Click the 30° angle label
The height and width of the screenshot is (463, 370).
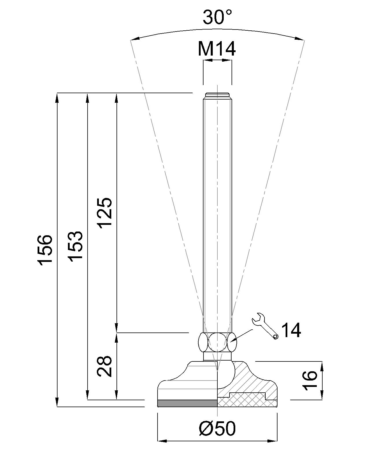(217, 17)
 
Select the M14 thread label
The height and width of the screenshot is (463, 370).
(217, 49)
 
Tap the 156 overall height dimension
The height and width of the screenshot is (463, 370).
(45, 249)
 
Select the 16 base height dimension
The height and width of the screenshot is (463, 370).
(310, 380)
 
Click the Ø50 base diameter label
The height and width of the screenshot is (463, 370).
(217, 429)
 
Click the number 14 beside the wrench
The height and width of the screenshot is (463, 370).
(291, 330)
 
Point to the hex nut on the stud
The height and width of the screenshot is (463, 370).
(217, 342)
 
